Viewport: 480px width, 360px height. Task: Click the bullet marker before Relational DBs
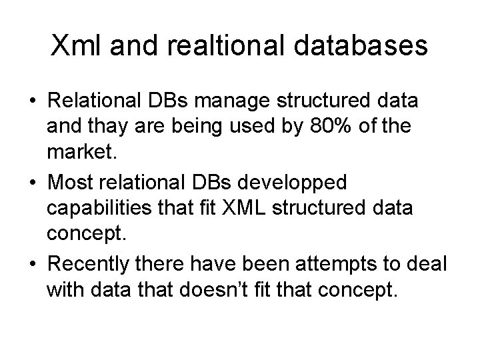pos(32,103)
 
